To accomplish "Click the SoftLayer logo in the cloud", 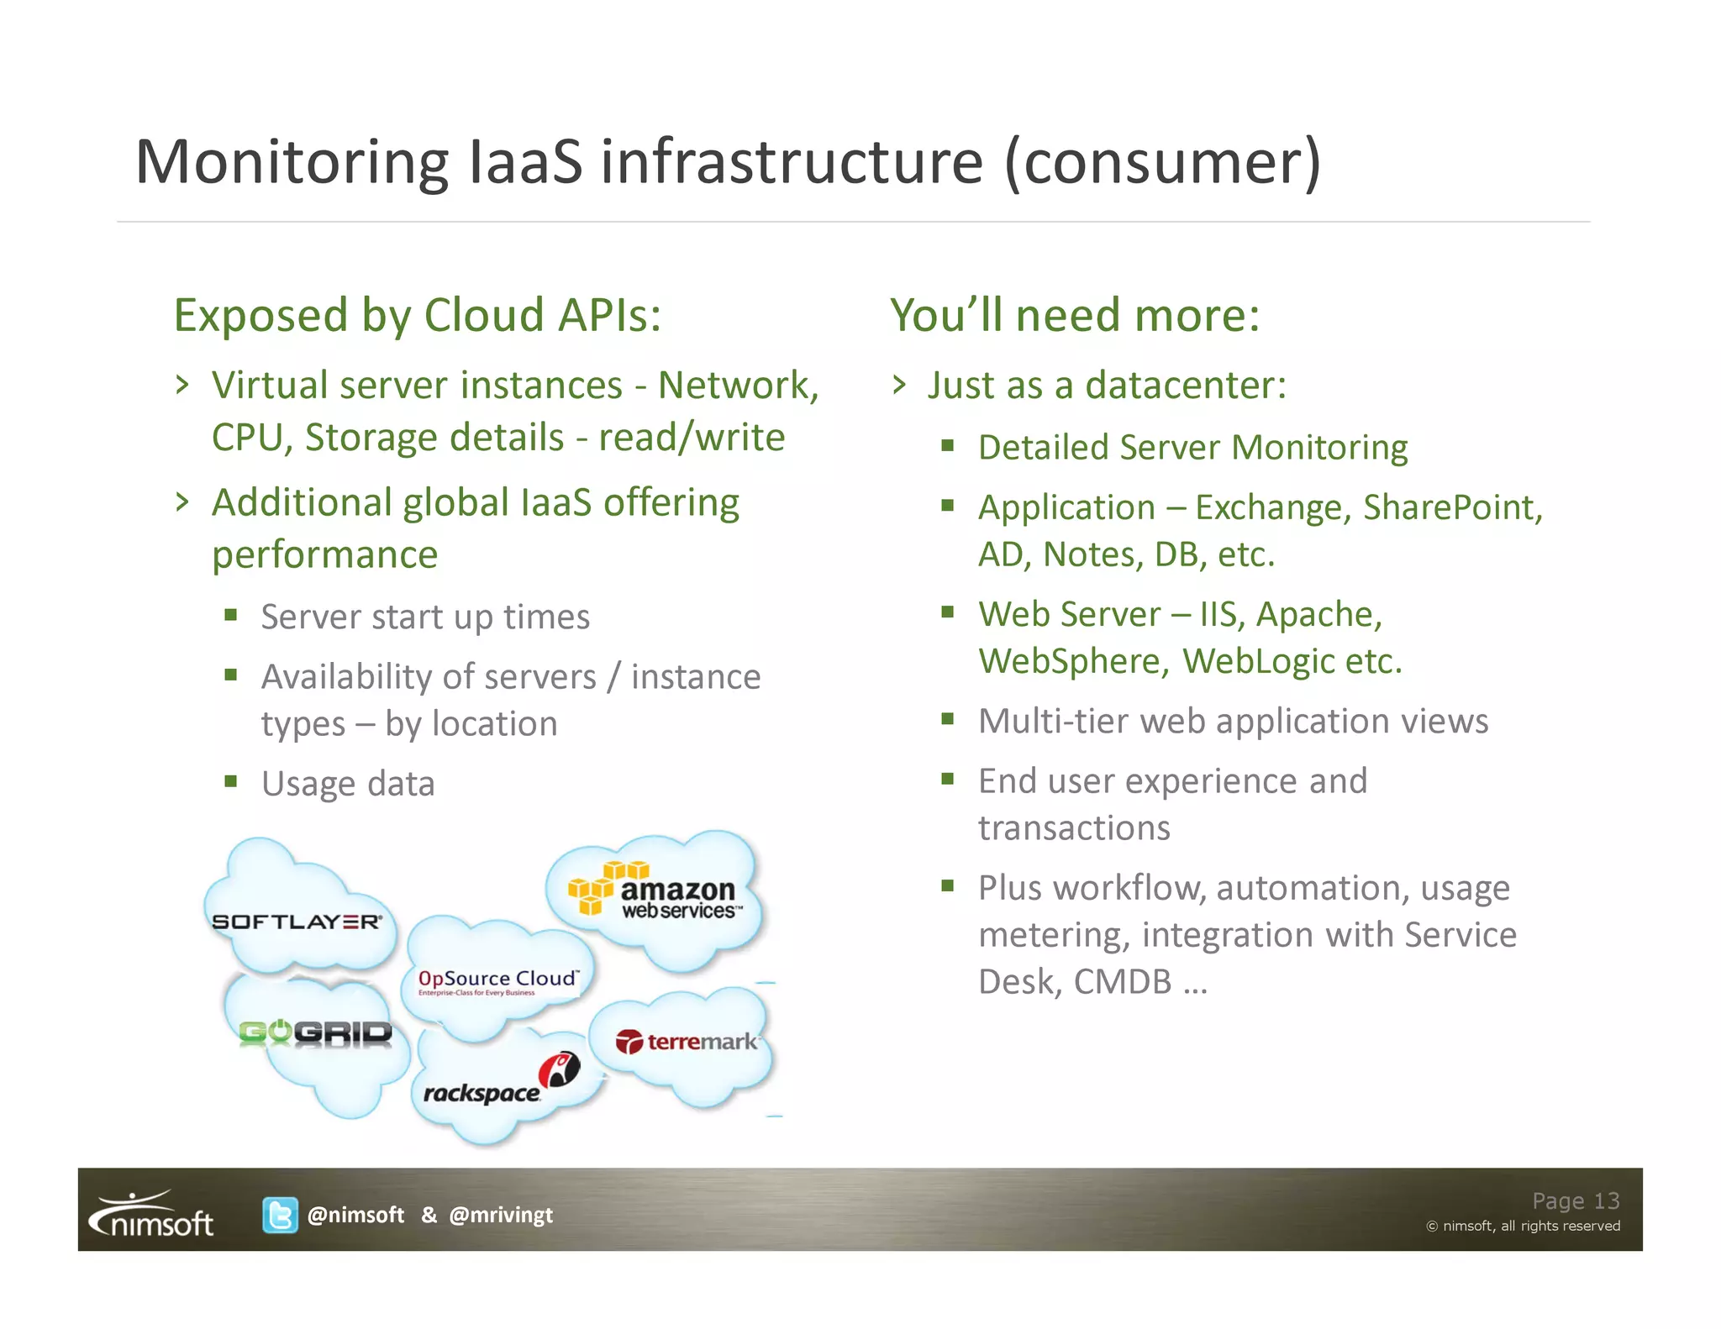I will point(297,922).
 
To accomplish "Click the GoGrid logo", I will point(315,1032).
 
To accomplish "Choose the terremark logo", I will point(686,1042).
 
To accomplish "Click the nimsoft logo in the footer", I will point(153,1215).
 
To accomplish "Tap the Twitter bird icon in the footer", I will point(280,1215).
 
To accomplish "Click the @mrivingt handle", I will point(501,1215).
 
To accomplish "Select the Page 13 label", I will point(1575,1200).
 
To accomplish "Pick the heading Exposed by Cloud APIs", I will point(418,315).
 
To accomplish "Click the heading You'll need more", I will point(1075,315).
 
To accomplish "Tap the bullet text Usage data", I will point(348,783).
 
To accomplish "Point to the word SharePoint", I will point(1452,507).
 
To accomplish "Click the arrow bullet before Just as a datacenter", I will point(900,386).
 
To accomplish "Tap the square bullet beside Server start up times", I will point(231,615).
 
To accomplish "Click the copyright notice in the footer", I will point(1523,1227).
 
